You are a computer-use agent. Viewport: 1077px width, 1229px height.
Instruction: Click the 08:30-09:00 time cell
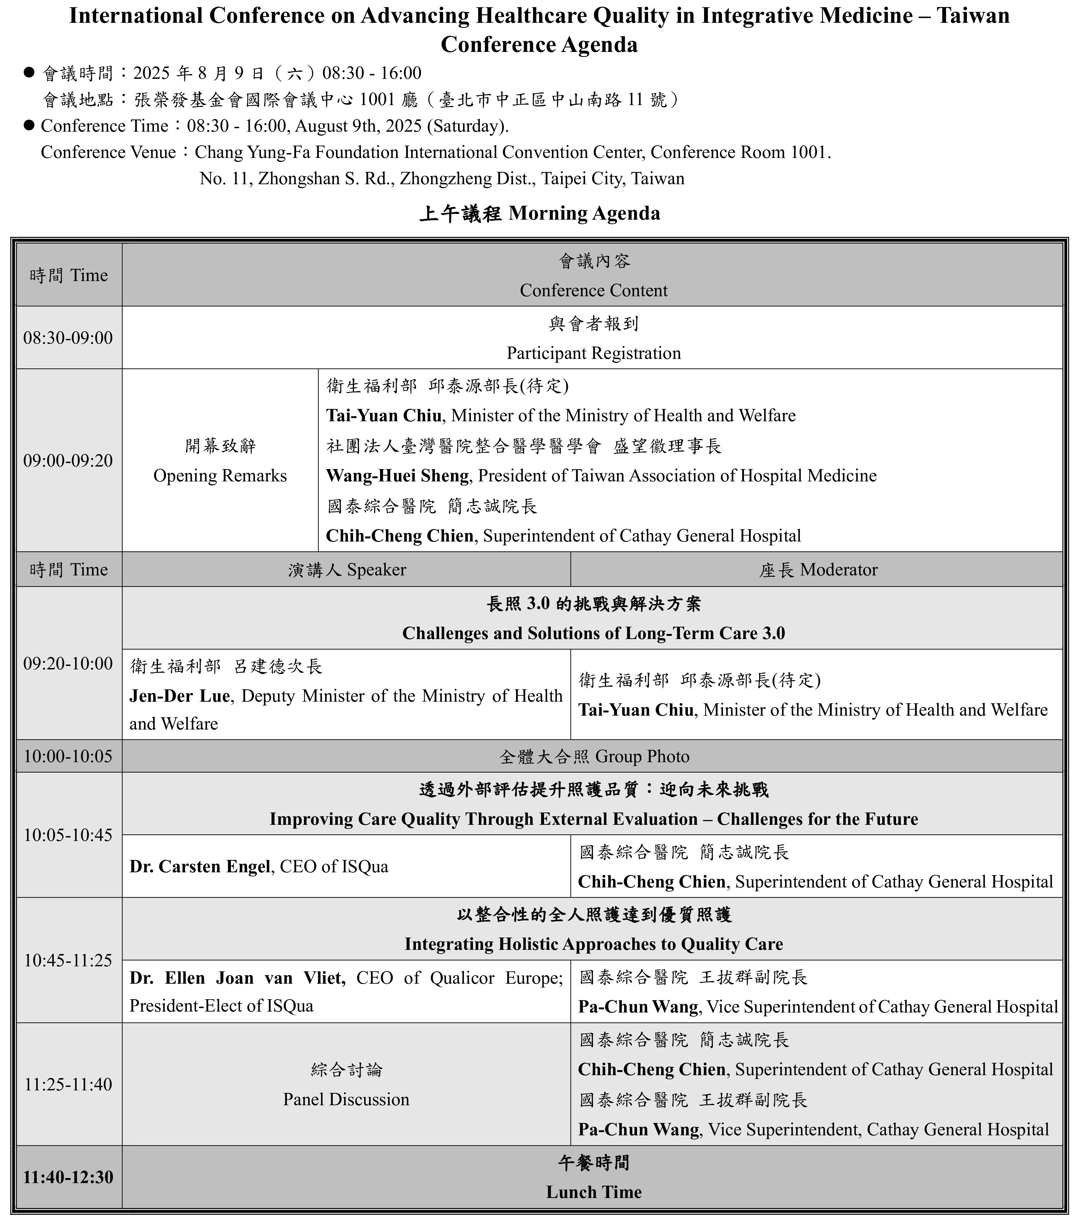coord(68,338)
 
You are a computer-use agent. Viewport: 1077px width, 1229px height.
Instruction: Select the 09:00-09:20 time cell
coord(68,461)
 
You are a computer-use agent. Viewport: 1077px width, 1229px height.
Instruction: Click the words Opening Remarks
coord(220,476)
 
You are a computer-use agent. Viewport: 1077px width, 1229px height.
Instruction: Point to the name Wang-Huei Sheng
coord(397,476)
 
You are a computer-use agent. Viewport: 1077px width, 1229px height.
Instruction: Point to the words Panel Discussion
coord(346,1100)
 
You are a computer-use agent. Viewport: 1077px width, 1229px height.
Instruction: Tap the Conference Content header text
coord(594,291)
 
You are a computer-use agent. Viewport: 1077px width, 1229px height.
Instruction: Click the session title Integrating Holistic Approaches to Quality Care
coord(594,944)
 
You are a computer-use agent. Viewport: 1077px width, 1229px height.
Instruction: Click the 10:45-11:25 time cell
coord(68,960)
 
